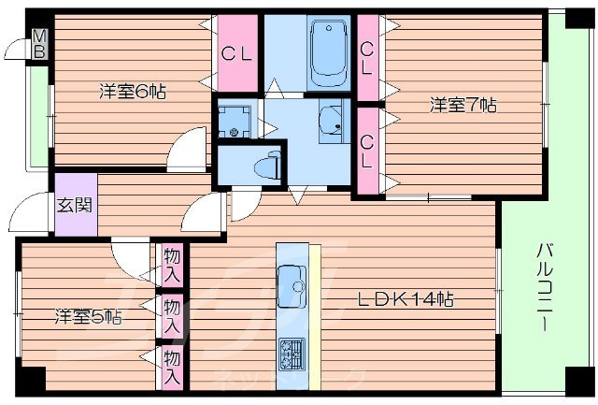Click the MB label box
click(39, 44)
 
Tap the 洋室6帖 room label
click(134, 92)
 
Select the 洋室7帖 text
click(463, 105)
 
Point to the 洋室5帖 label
click(87, 317)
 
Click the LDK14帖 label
click(407, 300)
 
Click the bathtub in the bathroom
click(327, 52)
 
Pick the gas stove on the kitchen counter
click(292, 354)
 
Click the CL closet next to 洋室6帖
click(236, 53)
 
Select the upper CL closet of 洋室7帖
click(367, 58)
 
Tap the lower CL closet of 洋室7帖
click(367, 150)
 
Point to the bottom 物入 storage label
click(172, 366)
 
